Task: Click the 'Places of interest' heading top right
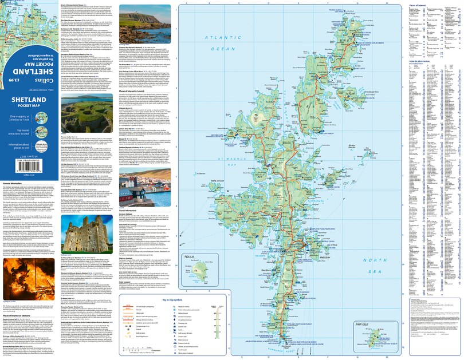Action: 420,5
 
